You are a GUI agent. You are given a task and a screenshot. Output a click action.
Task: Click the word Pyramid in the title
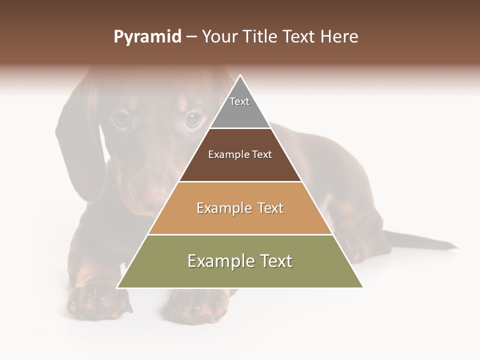click(147, 37)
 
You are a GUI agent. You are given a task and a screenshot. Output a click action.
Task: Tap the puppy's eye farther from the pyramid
click(121, 118)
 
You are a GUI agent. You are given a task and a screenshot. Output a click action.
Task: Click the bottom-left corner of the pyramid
click(117, 287)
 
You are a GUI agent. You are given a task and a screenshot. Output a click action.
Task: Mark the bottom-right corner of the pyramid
click(362, 287)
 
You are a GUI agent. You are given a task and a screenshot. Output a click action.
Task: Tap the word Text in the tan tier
click(270, 208)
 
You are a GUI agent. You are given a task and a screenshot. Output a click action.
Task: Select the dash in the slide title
click(191, 37)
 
